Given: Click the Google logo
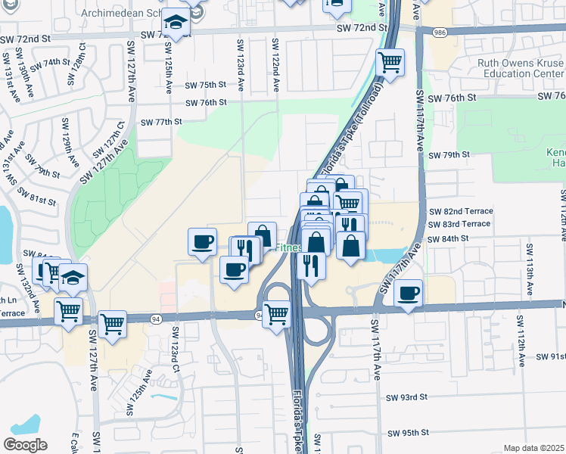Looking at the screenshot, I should coord(25,445).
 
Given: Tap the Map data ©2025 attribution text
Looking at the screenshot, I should coord(534,448).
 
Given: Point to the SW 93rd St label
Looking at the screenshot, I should coord(407,396).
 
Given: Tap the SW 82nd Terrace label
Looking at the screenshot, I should coord(460,211).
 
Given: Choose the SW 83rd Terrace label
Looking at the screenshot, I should coord(460,225).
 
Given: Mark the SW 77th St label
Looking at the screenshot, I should coord(162,121).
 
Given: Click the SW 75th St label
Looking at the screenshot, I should coord(207,85).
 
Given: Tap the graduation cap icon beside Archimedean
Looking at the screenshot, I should coord(176,24).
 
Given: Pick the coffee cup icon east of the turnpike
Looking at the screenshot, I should coord(409,292).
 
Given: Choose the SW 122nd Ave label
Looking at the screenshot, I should coord(275,65).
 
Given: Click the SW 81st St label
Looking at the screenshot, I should coord(38,201).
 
